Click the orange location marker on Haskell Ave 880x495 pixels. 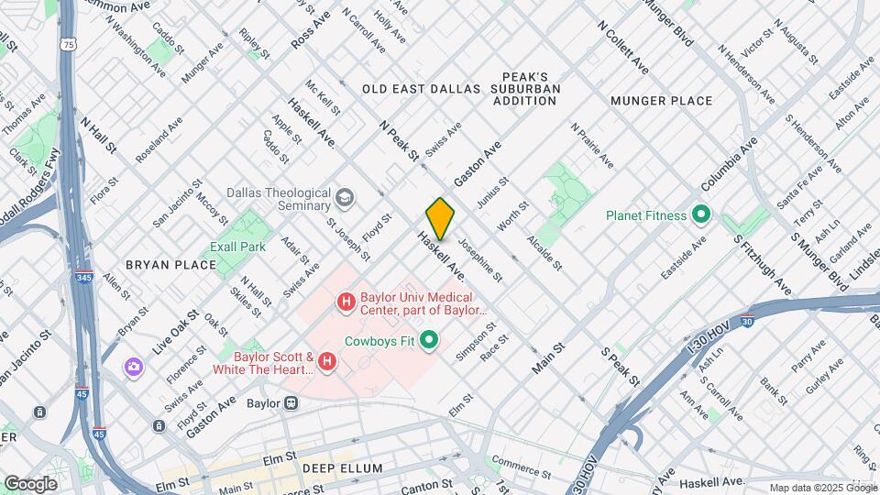click(441, 218)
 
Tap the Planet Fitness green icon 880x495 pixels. click(701, 215)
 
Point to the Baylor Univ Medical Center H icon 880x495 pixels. click(346, 301)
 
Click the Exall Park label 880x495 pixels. click(236, 247)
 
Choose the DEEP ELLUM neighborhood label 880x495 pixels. click(343, 468)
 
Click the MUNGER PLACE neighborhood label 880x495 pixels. click(661, 100)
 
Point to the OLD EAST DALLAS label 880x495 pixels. click(421, 89)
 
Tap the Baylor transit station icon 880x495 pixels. click(291, 401)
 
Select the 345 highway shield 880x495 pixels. click(84, 276)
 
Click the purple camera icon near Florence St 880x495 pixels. click(134, 367)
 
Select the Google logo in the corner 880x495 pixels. click(30, 483)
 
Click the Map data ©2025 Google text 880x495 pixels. click(822, 488)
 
